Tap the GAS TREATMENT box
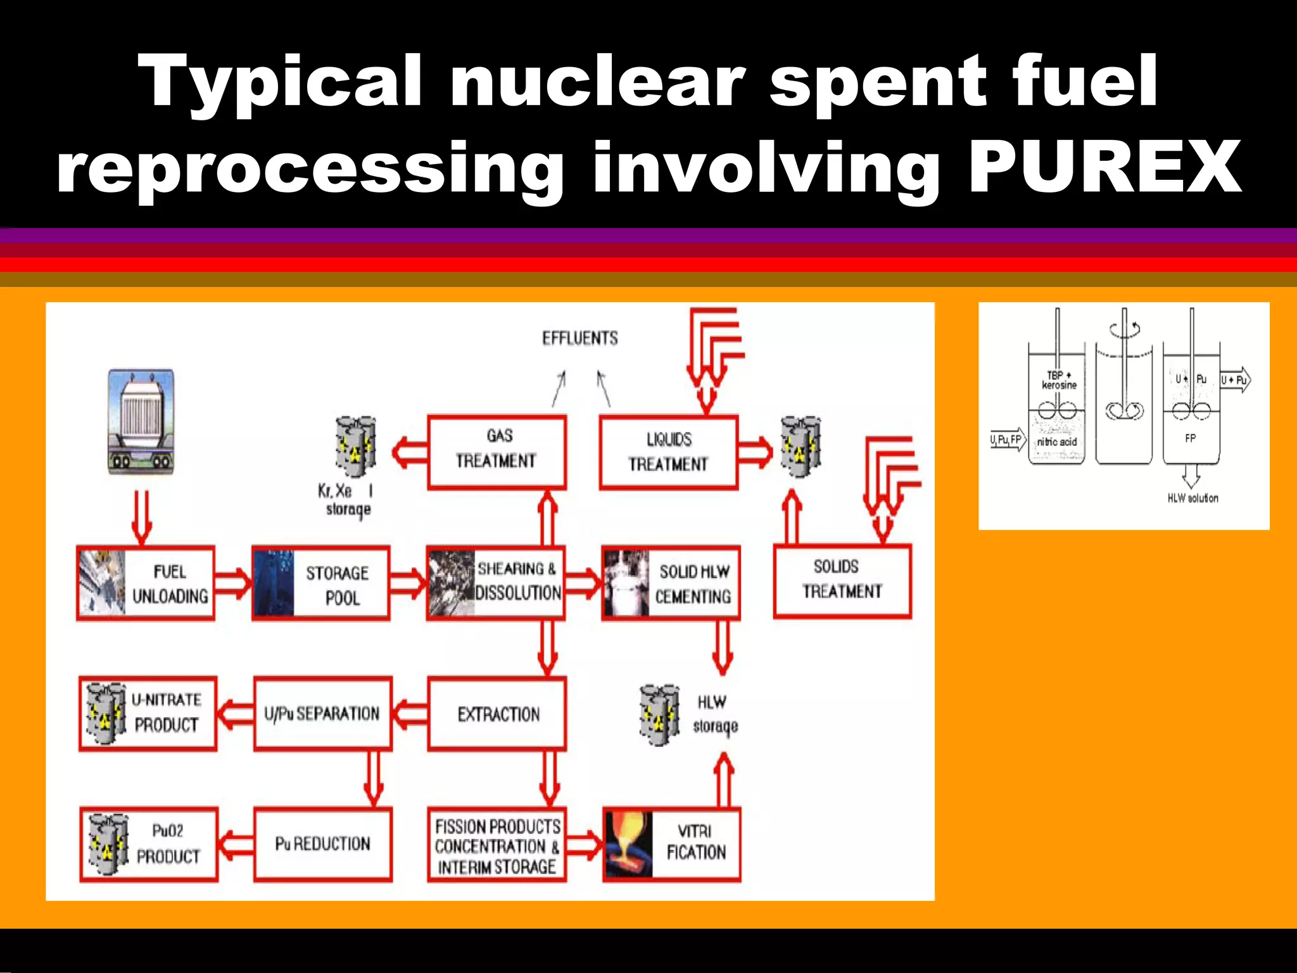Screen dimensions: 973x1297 [x=497, y=451]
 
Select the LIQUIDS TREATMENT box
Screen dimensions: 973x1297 [x=669, y=452]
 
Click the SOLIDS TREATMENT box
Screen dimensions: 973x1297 [x=842, y=580]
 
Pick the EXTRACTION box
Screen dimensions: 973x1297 [x=497, y=714]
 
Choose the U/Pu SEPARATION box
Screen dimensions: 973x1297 [x=322, y=714]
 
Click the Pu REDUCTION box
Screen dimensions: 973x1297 [x=322, y=844]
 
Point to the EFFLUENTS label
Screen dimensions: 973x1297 [x=579, y=338]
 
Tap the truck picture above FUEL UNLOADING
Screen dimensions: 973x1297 [x=141, y=421]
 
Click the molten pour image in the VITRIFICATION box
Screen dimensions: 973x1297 [x=627, y=844]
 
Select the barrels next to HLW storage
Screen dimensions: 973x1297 [x=659, y=715]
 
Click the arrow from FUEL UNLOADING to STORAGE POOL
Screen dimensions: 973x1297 [x=232, y=582]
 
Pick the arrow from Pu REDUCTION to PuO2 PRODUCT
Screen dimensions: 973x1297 [x=236, y=844]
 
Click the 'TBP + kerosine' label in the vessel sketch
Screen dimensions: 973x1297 [x=1059, y=380]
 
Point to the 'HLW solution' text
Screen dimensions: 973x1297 [x=1193, y=499]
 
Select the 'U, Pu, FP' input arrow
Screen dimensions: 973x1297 [x=1008, y=440]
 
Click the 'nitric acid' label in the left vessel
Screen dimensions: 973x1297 [x=1056, y=442]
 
